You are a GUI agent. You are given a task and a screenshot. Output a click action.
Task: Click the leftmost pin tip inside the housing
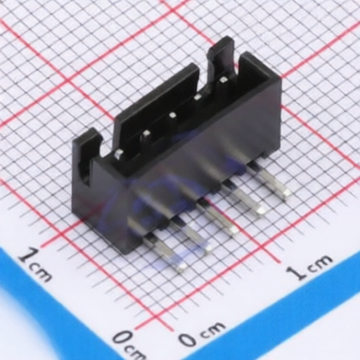click(118, 153)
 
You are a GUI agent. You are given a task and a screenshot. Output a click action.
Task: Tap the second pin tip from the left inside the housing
click(146, 134)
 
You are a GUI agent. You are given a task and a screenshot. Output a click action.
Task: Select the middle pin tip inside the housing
click(172, 115)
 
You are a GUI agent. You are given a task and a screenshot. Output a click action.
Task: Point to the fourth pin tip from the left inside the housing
click(198, 96)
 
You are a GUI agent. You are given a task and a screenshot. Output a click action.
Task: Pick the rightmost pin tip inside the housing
click(223, 80)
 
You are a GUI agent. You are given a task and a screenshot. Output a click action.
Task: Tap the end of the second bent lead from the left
click(207, 248)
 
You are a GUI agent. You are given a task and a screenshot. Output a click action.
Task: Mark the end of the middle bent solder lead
click(233, 231)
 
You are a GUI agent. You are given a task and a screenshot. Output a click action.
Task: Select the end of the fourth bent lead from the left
click(260, 210)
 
